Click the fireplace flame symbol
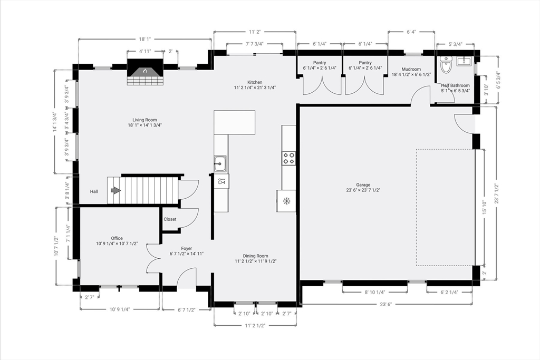click(x=145, y=71)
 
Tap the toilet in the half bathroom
click(x=446, y=64)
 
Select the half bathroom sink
click(x=466, y=61)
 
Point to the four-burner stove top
click(x=288, y=158)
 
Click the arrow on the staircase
click(x=115, y=190)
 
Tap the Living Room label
click(x=144, y=120)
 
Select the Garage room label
click(x=363, y=185)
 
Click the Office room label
click(x=117, y=238)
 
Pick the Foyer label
click(x=187, y=248)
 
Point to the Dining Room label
click(x=256, y=256)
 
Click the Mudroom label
click(x=411, y=69)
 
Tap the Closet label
click(x=170, y=219)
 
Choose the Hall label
click(x=94, y=191)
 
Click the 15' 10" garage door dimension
click(x=485, y=208)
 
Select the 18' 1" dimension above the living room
click(x=145, y=39)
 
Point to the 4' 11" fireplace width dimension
click(x=145, y=51)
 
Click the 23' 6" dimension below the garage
click(x=386, y=304)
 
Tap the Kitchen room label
click(x=255, y=82)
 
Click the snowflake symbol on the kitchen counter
click(x=286, y=201)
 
